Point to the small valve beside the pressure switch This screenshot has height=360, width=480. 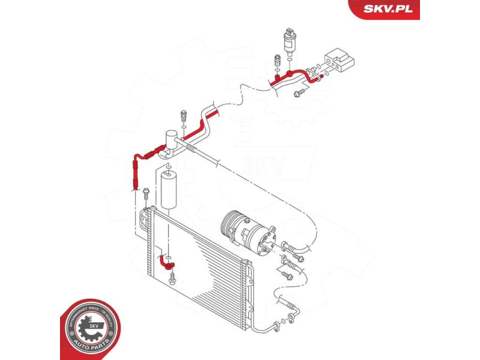(x=277, y=61)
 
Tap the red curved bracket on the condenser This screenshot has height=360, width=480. (x=166, y=262)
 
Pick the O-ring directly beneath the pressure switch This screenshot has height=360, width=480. (x=289, y=59)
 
